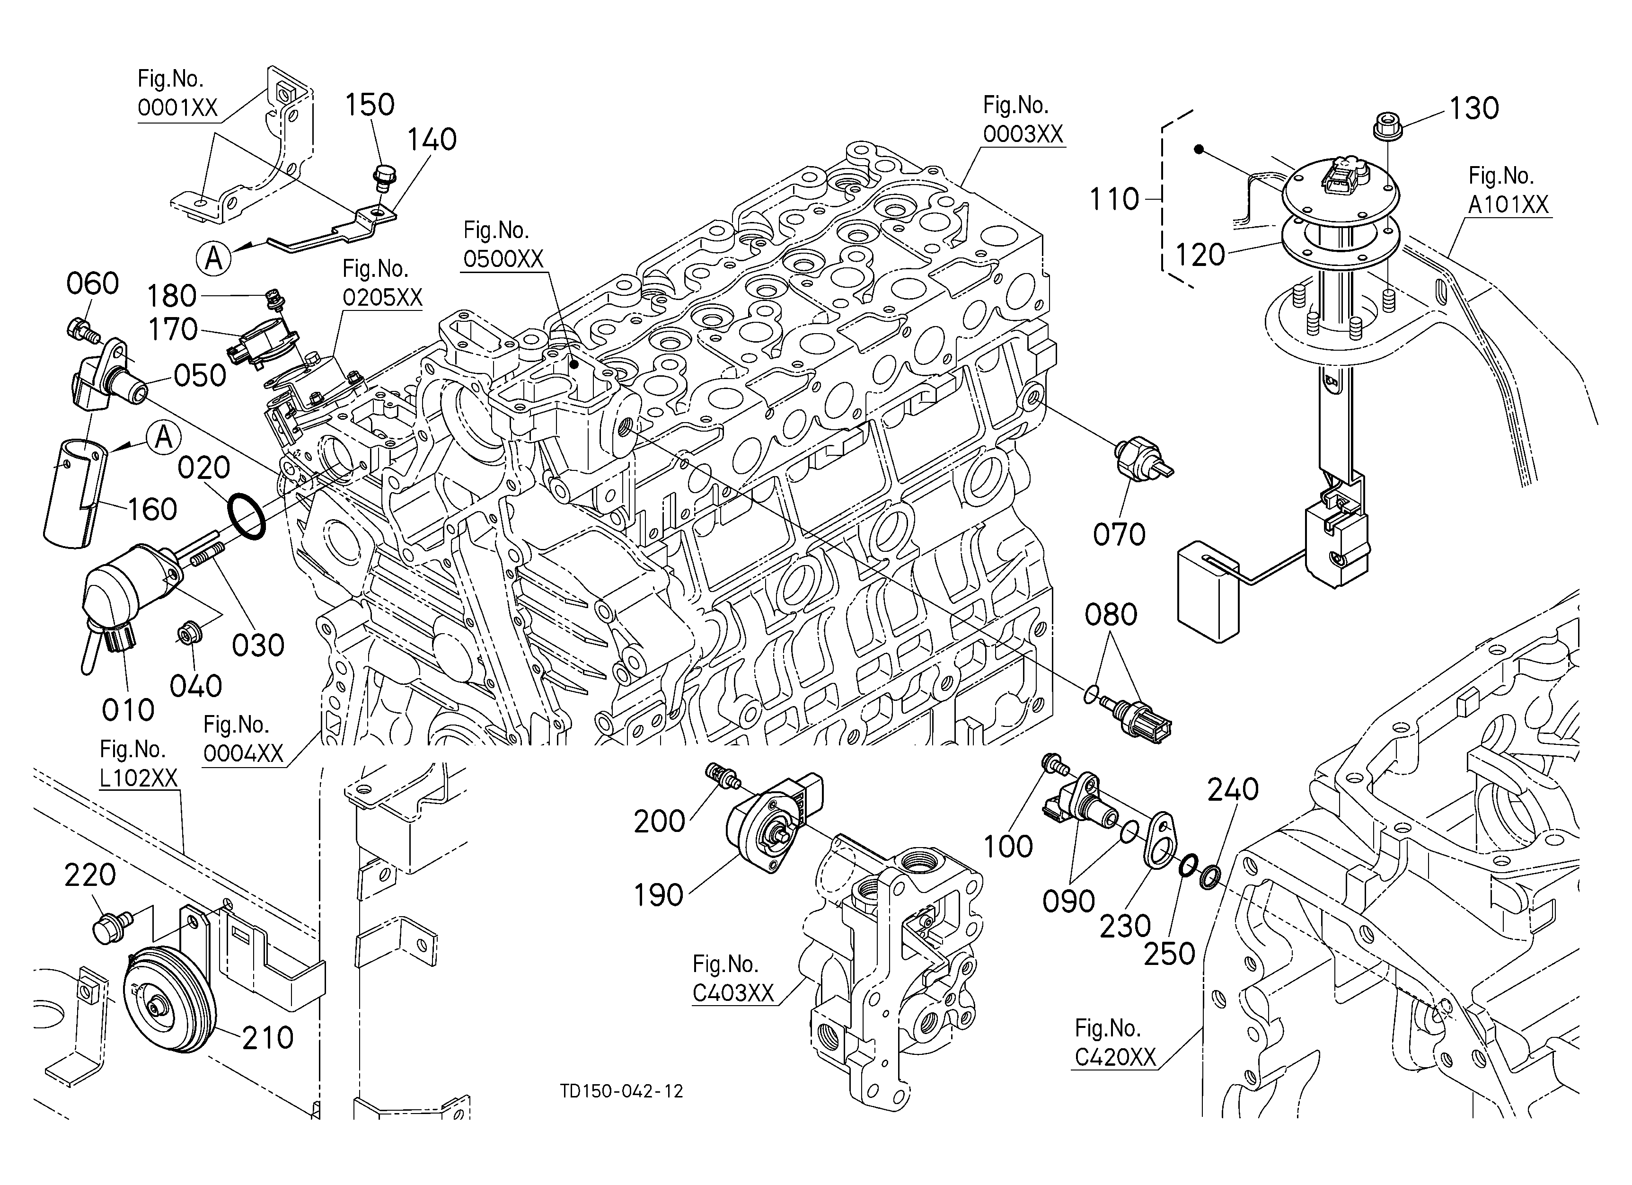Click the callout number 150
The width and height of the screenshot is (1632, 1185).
pyautogui.click(x=370, y=105)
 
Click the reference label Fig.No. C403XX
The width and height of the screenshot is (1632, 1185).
pyautogui.click(x=732, y=979)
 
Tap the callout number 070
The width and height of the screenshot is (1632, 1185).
pyautogui.click(x=1119, y=535)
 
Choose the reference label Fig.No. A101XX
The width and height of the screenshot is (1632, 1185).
pyautogui.click(x=1508, y=191)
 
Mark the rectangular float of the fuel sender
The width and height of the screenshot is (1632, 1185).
pyautogui.click(x=1208, y=592)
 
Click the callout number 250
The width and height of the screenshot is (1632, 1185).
pyautogui.click(x=1169, y=954)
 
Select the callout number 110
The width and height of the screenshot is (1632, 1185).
pyautogui.click(x=1114, y=199)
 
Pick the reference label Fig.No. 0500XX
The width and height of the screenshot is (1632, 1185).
pyautogui.click(x=503, y=245)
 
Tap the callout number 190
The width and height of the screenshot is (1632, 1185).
pyautogui.click(x=658, y=896)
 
